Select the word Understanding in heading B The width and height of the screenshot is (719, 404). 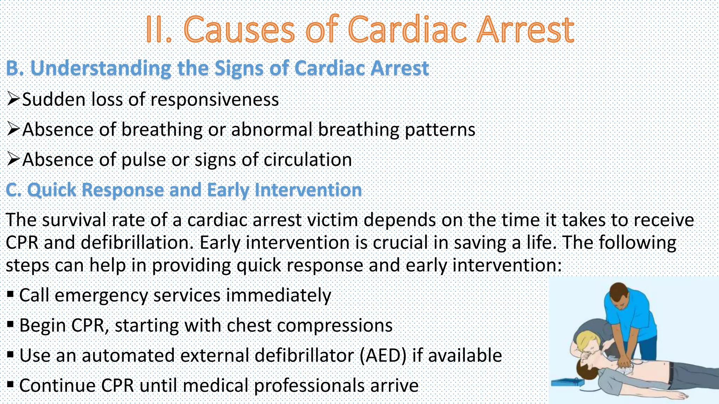point(101,68)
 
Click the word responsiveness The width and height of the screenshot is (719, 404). point(215,100)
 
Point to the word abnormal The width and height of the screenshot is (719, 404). point(272,130)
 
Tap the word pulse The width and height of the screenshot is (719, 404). point(144,160)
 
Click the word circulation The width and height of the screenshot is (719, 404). point(308,160)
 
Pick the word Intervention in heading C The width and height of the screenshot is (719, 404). point(308,190)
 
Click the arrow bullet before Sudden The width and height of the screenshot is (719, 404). point(13,99)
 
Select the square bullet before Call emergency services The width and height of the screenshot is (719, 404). point(10,294)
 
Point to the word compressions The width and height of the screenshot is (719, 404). point(335,325)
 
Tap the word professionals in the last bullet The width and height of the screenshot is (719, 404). point(309,386)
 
